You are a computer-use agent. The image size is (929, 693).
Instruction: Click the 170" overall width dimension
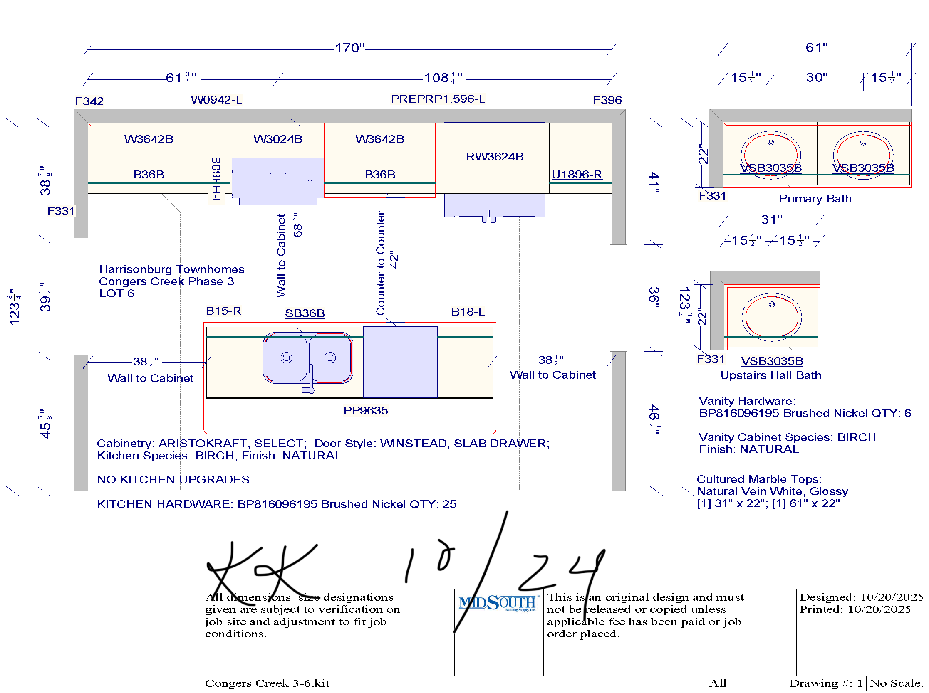pos(350,48)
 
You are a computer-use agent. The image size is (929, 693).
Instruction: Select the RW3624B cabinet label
pos(495,156)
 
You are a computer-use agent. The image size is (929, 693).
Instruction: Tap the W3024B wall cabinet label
pos(278,139)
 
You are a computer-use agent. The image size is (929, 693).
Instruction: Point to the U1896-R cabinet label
pos(577,174)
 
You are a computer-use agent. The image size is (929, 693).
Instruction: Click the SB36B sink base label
pos(305,313)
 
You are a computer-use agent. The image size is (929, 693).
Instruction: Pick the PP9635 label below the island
pos(366,410)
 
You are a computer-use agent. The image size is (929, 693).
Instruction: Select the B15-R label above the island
pos(223,311)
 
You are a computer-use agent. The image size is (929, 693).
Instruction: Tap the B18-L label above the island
pos(468,312)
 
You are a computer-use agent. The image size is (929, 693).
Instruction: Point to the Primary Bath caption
pos(815,198)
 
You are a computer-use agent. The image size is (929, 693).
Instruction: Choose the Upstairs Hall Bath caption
pos(771,375)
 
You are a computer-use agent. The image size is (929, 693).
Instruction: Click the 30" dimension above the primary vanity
pos(817,77)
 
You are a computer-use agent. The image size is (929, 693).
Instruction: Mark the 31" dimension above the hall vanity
pos(772,219)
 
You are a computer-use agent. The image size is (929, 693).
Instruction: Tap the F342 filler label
pos(89,101)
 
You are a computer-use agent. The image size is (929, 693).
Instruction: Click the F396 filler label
pos(607,100)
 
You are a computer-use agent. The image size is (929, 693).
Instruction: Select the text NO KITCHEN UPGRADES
pos(173,479)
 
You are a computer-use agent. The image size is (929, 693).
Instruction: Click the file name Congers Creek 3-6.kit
pos(268,683)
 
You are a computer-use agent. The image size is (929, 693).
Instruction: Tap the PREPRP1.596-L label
pos(438,99)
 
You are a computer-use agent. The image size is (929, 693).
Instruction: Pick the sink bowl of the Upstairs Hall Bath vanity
pos(772,315)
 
